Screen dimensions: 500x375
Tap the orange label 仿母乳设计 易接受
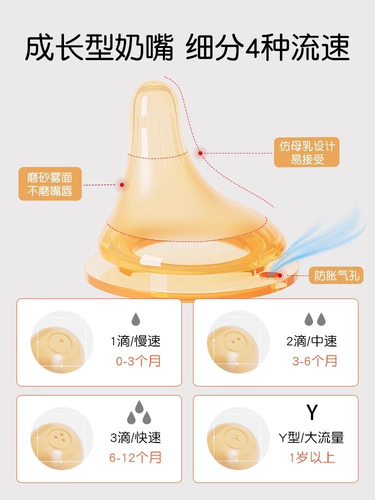306,152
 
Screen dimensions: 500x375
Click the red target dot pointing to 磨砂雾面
122,184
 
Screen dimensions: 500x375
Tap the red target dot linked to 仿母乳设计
200,153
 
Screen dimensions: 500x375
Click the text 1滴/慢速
135,341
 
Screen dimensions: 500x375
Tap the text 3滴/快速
135,438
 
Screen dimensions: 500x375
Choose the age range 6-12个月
135,457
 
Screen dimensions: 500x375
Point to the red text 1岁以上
312,457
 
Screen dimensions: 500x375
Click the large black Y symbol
312,413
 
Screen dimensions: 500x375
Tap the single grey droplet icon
135,319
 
